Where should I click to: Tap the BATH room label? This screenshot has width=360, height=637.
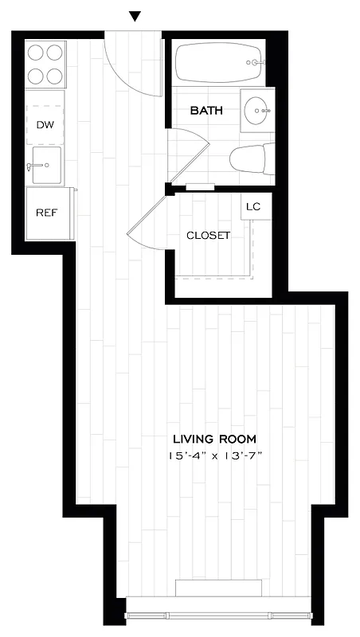click(205, 111)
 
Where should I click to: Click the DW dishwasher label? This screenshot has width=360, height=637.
click(45, 125)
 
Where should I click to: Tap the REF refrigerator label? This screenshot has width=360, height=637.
click(45, 213)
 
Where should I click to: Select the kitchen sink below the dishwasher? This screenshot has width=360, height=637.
click(47, 166)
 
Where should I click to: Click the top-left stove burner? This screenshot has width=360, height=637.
click(37, 53)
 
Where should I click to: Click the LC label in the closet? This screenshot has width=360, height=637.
click(253, 207)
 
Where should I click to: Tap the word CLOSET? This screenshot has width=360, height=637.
click(208, 236)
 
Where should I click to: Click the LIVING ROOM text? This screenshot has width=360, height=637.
click(215, 439)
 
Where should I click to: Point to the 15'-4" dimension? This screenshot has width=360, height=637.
click(189, 455)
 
